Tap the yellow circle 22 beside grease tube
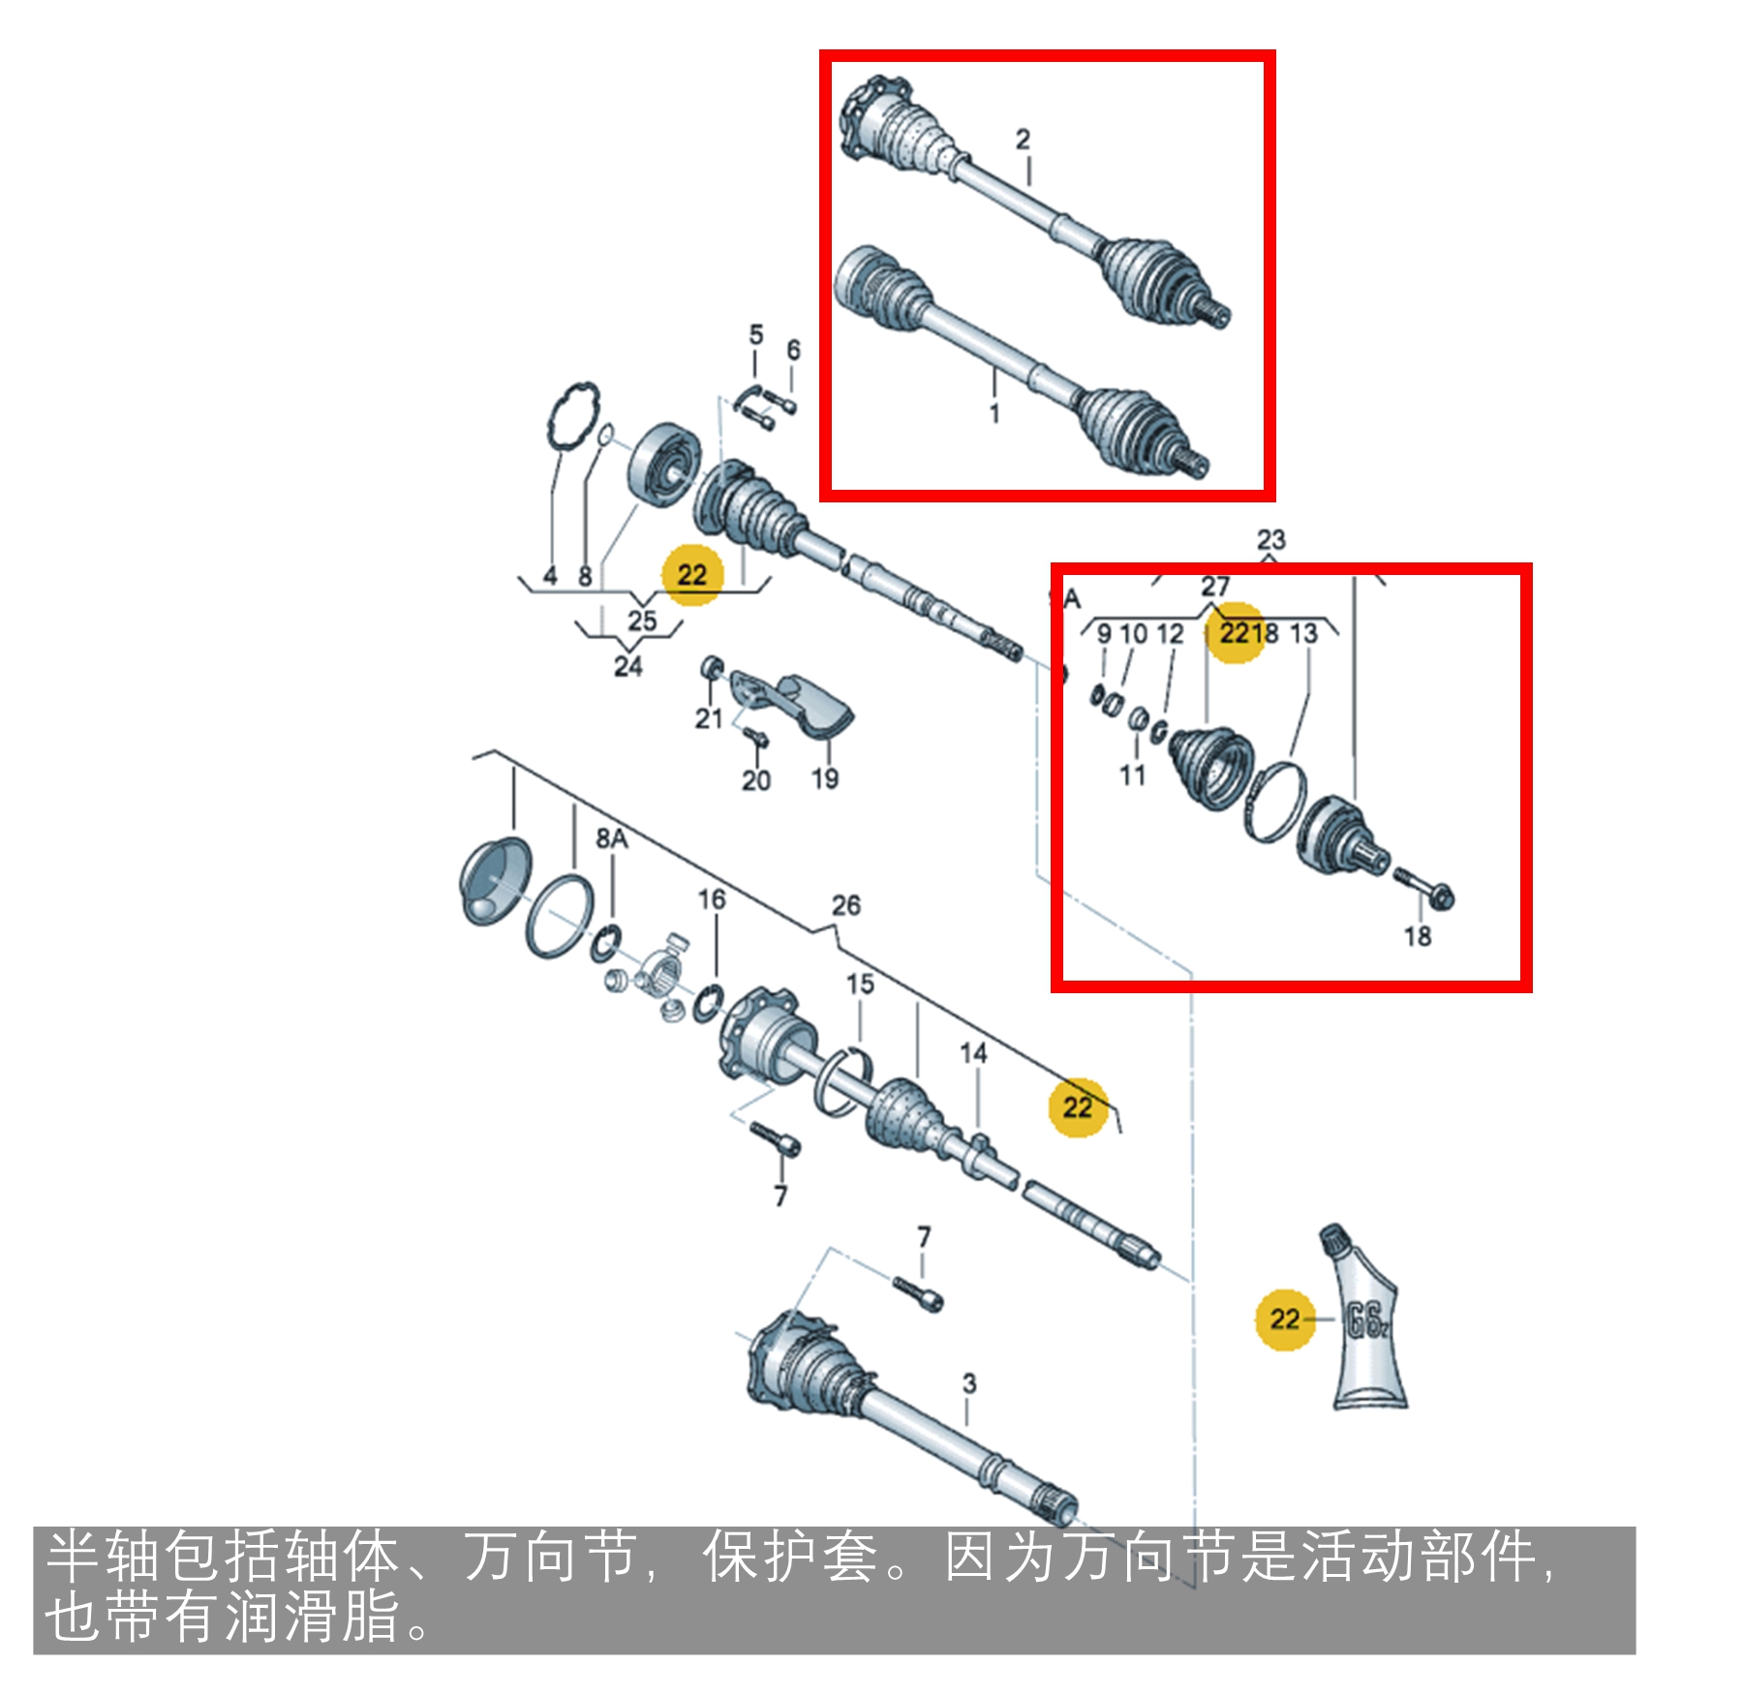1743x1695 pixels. [1284, 1318]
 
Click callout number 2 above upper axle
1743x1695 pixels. [1023, 139]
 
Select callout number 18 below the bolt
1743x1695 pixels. [1418, 936]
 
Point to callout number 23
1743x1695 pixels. [1270, 539]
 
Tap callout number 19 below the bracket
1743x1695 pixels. [825, 778]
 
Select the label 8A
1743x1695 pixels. [611, 838]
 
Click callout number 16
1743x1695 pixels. [712, 899]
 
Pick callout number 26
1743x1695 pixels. [845, 905]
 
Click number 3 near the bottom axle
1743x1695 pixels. [969, 1383]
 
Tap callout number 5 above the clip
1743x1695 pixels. [756, 335]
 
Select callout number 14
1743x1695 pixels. [973, 1053]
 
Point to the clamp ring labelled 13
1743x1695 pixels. [1274, 802]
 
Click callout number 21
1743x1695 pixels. [709, 718]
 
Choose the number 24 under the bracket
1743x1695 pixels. [627, 666]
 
